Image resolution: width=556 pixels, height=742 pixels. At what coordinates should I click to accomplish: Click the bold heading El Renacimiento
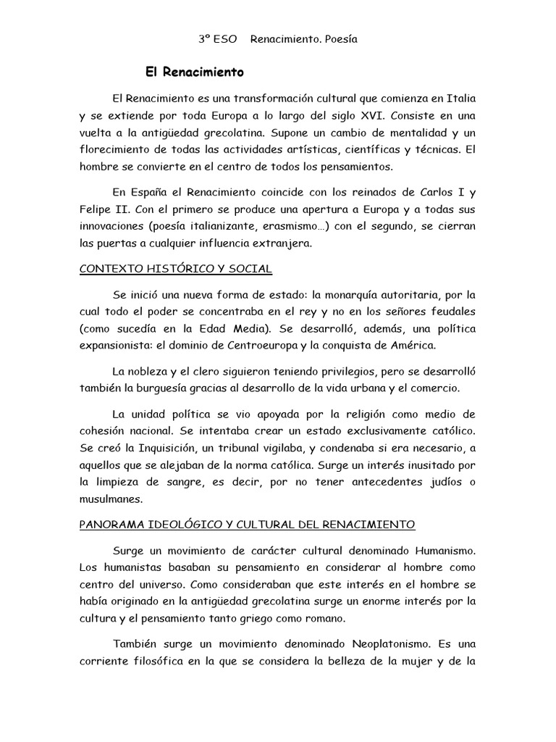(195, 72)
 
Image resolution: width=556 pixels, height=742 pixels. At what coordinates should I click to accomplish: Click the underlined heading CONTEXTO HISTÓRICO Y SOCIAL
(176, 269)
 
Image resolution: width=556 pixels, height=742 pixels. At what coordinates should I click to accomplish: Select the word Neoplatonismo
(379, 644)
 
